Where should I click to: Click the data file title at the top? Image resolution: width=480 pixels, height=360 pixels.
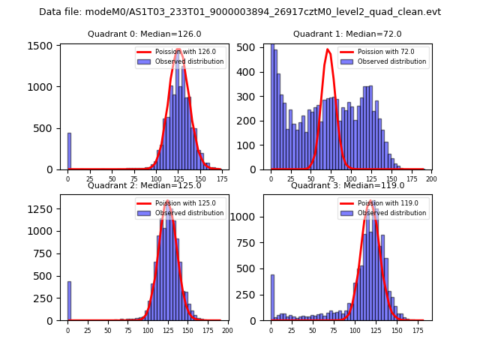point(240,12)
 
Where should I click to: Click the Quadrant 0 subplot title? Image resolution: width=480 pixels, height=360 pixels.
point(145,34)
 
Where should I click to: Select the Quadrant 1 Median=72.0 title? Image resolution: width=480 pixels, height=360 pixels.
point(347,34)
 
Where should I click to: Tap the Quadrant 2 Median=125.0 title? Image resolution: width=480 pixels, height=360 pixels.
point(145,185)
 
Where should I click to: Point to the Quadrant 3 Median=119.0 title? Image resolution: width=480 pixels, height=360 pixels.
point(347,185)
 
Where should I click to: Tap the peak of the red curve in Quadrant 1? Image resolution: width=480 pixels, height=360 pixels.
point(328,50)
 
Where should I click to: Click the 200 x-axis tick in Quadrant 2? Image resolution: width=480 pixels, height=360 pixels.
point(227,330)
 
